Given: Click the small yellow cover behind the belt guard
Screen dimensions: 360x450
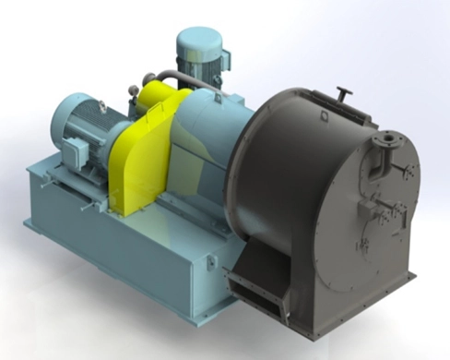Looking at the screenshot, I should click(x=163, y=92).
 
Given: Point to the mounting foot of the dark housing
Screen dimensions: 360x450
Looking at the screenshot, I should click(x=387, y=282).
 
